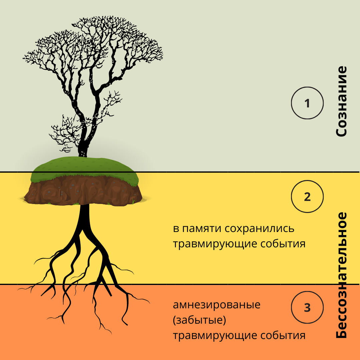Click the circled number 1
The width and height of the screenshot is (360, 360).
(307, 103)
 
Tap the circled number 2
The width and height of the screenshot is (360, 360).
(307, 197)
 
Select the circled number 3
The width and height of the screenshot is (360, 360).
(307, 307)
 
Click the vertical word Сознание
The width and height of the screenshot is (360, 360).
(341, 101)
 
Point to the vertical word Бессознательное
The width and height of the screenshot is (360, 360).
(341, 275)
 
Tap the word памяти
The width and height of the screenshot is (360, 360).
(202, 229)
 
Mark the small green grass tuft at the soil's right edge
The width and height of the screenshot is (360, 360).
(134, 201)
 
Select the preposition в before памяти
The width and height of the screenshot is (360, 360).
(175, 229)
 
